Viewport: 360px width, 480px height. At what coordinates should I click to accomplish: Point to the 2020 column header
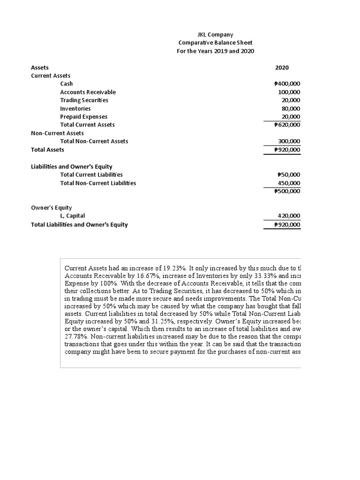(x=282, y=67)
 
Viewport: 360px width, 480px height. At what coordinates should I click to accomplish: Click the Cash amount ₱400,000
(x=287, y=84)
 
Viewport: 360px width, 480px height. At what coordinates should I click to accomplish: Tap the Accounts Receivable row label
(x=88, y=92)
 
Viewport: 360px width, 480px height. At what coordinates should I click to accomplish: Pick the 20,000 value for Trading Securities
(x=291, y=100)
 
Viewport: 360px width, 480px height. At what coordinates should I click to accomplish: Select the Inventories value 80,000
(x=291, y=108)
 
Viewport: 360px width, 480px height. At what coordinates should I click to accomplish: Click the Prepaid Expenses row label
(x=83, y=117)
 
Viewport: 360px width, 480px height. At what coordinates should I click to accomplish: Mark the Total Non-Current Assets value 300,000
(x=289, y=141)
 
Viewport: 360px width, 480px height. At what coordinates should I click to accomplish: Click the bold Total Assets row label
(x=47, y=150)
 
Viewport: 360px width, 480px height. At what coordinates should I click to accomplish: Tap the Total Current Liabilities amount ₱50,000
(x=289, y=175)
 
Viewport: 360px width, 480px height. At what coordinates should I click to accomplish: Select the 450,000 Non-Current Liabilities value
(x=289, y=183)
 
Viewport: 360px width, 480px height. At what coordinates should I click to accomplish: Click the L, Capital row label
(x=73, y=216)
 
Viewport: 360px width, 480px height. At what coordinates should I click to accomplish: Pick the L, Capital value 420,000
(x=289, y=216)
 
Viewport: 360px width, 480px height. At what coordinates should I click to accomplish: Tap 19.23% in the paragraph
(x=176, y=268)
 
